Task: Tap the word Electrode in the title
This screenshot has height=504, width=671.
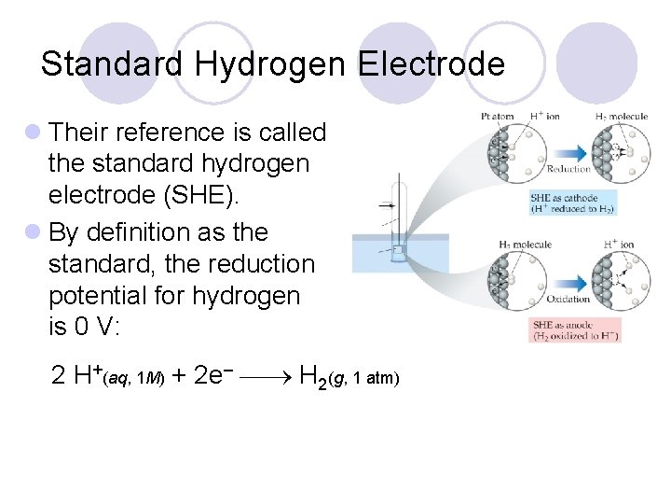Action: point(431,64)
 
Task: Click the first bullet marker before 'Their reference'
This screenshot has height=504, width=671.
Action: point(34,133)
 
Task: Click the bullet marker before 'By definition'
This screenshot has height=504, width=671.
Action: point(34,231)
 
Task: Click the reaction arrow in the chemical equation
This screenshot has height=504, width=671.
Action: point(267,379)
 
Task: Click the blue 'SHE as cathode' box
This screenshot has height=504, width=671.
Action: point(572,203)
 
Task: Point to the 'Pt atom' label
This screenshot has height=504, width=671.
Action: point(498,118)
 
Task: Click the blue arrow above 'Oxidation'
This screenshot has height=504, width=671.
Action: point(568,281)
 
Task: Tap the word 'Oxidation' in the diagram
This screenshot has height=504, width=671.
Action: point(568,300)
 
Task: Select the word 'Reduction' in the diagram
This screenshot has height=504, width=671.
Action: point(568,169)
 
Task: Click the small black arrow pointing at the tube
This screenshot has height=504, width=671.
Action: point(385,204)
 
